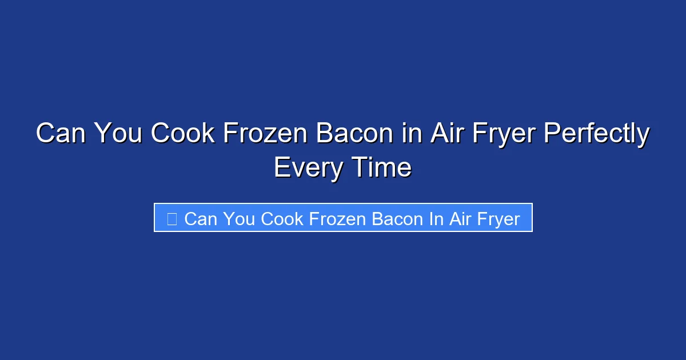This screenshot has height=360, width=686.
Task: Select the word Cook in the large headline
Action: [182, 134]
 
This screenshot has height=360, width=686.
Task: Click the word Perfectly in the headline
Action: [597, 134]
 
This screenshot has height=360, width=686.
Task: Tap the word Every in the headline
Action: [309, 167]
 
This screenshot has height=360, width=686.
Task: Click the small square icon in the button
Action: [171, 218]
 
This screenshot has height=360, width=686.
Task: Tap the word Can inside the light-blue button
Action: [200, 218]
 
